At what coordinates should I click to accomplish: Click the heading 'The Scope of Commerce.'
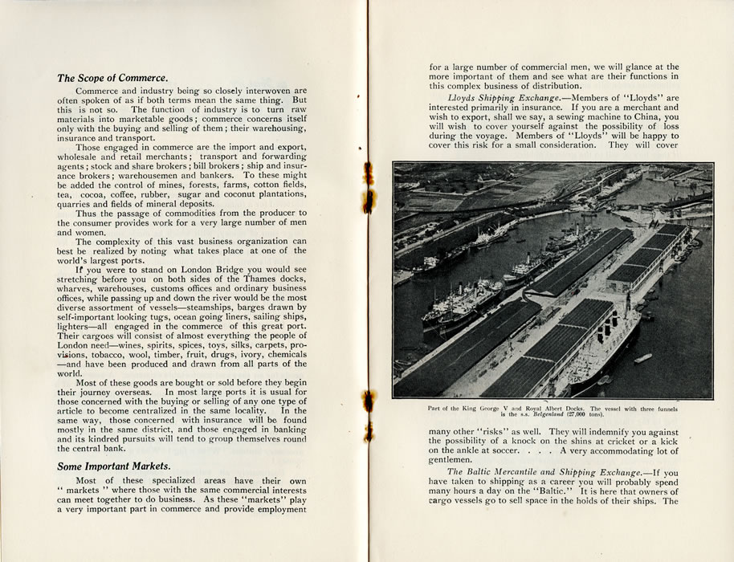(112, 79)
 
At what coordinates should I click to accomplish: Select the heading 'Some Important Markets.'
(113, 466)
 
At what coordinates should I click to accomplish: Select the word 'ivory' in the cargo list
(230, 354)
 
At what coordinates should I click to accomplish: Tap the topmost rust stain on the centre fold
(369, 171)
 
